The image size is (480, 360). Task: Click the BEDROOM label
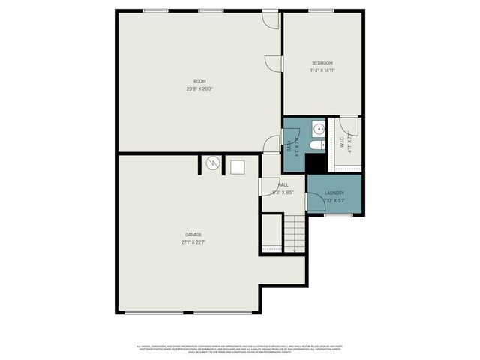pos(322,62)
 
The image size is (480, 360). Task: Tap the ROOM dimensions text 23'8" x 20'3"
pos(199,88)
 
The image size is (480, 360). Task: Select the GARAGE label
pos(193,235)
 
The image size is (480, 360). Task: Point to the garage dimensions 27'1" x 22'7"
pos(193,242)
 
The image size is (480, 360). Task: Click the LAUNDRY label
pos(334,193)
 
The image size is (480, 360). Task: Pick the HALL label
pos(283,184)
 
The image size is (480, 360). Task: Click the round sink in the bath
pos(318,127)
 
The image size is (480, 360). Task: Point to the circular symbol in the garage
pos(213,162)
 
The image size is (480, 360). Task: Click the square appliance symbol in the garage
pos(238,166)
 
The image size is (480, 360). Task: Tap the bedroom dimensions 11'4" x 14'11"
pos(322,70)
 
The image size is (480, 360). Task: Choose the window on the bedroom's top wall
pos(322,10)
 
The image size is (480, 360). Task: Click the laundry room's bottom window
pos(337,214)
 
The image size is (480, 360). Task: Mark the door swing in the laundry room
pos(315,202)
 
